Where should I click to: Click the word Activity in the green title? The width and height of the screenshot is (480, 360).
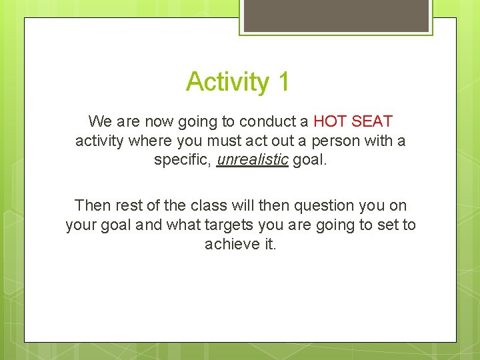click(x=227, y=82)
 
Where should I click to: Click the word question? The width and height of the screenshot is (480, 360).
click(x=327, y=205)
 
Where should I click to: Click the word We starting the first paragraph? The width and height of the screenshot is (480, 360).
click(x=100, y=122)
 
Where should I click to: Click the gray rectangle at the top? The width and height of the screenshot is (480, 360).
click(x=336, y=15)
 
